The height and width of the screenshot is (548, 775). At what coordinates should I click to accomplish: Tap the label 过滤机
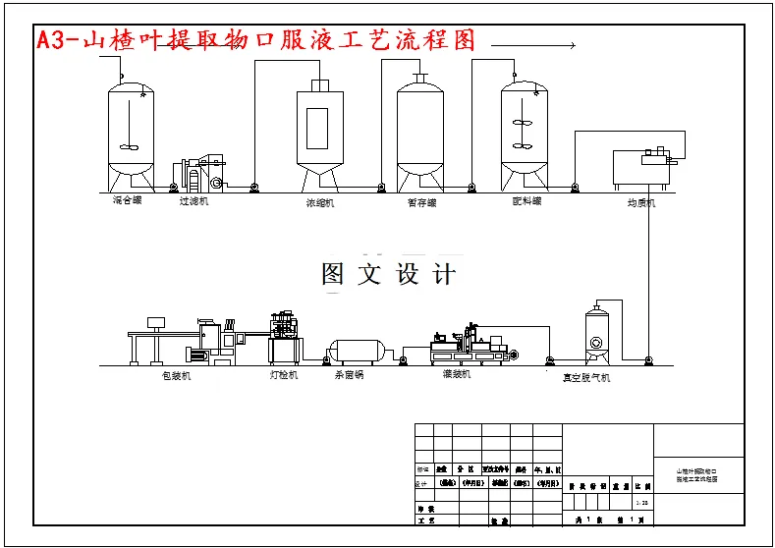coord(194,201)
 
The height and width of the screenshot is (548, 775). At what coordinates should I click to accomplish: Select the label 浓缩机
coord(320,203)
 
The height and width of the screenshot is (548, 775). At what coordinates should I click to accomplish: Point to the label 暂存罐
coord(420,202)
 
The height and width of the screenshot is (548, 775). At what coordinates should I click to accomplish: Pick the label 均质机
coord(641,203)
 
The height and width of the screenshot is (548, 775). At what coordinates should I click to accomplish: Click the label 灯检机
coord(284,375)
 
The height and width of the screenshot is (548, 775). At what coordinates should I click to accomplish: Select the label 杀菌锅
coord(349,375)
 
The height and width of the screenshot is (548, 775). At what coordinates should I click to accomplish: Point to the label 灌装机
coord(457,374)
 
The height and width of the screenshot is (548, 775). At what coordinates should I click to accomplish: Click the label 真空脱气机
coord(585,377)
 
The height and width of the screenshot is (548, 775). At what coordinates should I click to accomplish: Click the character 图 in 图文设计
coord(333,274)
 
